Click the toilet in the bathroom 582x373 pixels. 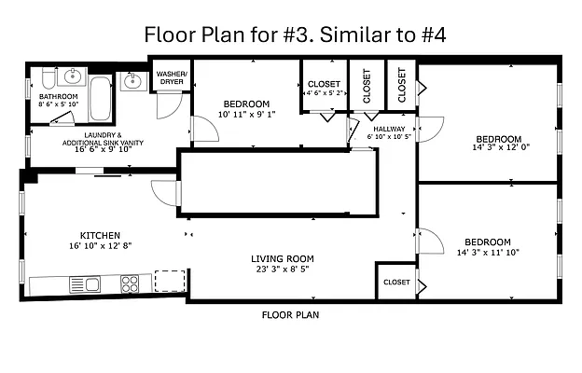tap(48, 77)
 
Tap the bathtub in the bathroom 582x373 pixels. tap(101, 98)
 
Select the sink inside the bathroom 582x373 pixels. tap(73, 76)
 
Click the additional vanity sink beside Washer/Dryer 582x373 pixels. tap(132, 81)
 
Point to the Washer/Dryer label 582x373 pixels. tap(172, 77)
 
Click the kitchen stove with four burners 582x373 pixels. tap(130, 283)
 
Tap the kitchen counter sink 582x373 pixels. tap(85, 284)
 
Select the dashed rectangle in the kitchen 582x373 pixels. tap(170, 281)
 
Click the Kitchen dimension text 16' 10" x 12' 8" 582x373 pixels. tap(100, 245)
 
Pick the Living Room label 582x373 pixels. tap(283, 258)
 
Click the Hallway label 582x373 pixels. tap(389, 130)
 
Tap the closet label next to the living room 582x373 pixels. tap(396, 282)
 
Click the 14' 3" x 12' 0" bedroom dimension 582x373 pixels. tap(501, 147)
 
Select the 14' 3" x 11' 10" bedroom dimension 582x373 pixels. tap(488, 253)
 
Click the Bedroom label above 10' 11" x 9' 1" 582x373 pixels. tap(246, 104)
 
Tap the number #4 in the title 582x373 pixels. tap(434, 35)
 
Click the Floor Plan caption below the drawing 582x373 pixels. tap(290, 315)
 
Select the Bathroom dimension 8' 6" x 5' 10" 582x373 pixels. tap(59, 104)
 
